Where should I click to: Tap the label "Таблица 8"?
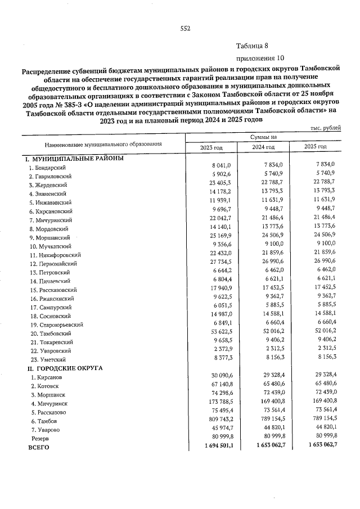[253, 47]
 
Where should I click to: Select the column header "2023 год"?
[212, 147]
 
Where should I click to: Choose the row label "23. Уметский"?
[48, 359]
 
